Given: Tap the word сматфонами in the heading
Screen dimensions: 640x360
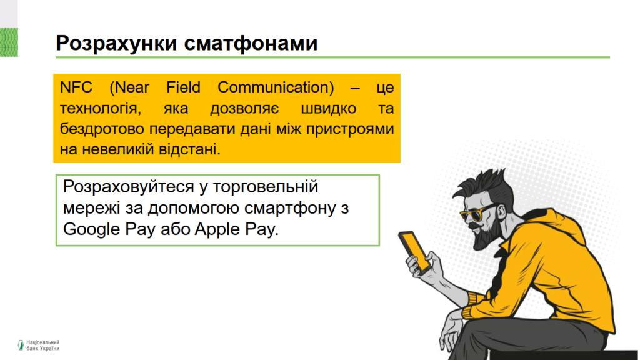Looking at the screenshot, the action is click(x=251, y=43).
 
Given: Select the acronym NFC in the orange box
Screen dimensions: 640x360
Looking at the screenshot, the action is click(x=76, y=87).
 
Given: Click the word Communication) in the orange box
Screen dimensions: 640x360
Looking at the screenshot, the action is click(x=276, y=87).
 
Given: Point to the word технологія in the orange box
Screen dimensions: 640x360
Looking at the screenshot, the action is click(x=101, y=109).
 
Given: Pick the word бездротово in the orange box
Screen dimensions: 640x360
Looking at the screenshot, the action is click(x=102, y=129).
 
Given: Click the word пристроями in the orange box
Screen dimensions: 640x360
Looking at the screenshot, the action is click(x=350, y=129).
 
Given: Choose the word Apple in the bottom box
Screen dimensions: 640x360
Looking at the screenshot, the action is click(x=217, y=230).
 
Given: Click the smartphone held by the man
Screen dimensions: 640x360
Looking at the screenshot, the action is click(x=415, y=252).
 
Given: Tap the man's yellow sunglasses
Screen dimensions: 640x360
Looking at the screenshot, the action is click(x=477, y=213).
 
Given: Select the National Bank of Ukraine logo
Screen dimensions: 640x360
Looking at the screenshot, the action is click(x=38, y=345).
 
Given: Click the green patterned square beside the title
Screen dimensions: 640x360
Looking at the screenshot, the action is click(x=9, y=42).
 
